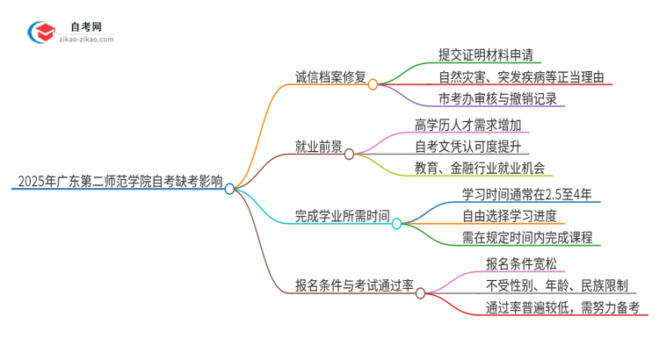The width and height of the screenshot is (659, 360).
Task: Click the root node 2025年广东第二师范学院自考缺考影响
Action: coord(119,183)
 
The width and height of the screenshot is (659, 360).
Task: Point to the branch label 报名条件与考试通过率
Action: coord(355,286)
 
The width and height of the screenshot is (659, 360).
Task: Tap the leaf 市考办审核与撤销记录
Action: coord(496,99)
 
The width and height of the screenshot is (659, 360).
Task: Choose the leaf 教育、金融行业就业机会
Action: coord(479,168)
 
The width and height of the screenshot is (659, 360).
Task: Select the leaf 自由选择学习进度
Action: coord(509,215)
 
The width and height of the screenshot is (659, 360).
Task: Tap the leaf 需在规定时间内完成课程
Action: coord(526,237)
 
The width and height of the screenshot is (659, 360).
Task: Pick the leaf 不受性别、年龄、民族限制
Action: coord(555,284)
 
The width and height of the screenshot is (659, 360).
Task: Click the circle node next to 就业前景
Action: coord(349,154)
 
